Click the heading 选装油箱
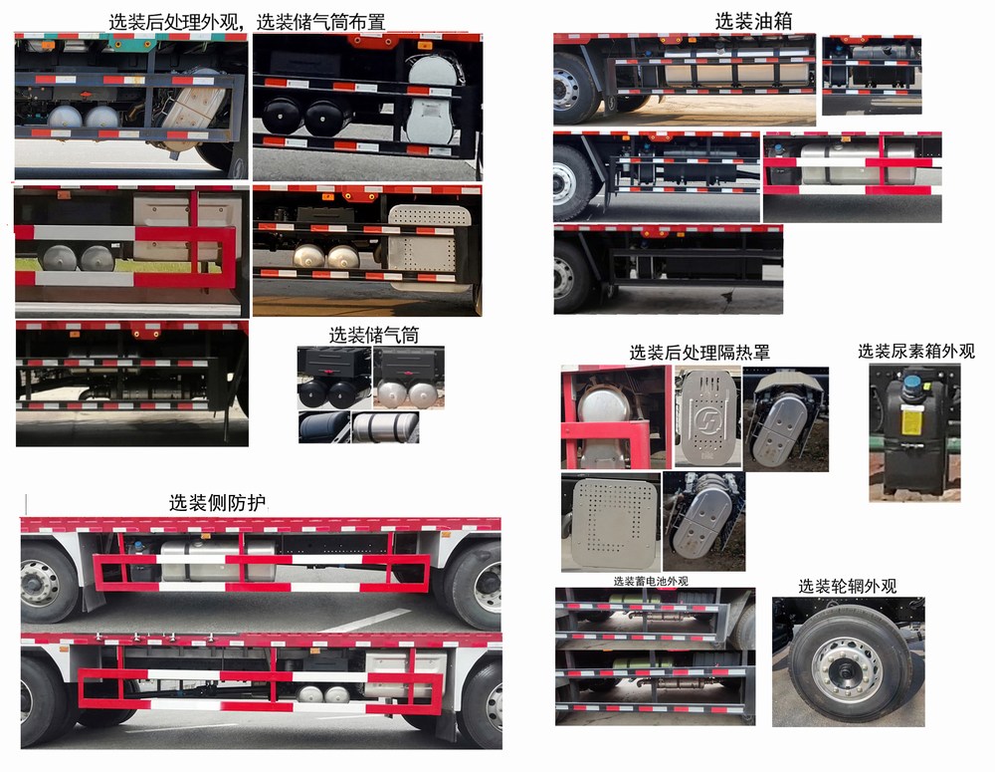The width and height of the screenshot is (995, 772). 746,20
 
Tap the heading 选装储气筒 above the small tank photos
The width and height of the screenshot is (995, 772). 373,336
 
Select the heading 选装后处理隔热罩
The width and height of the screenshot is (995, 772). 699,353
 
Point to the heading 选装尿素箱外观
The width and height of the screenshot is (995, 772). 916,351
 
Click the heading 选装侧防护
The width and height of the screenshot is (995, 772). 217,503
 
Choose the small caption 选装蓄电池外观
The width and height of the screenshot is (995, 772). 650,581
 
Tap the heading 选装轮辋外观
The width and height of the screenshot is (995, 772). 848,586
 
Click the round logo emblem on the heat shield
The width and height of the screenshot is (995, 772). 707,416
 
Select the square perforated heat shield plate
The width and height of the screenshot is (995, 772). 610,522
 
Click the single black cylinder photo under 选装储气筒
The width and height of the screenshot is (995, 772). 323,427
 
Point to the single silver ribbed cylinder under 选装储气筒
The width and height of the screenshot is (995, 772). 385,427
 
